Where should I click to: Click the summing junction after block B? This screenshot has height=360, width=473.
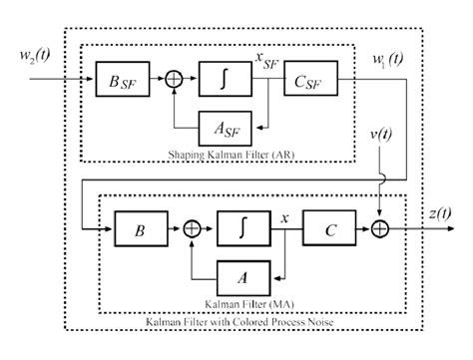pyautogui.click(x=192, y=228)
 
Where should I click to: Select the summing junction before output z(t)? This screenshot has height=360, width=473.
pyautogui.click(x=382, y=228)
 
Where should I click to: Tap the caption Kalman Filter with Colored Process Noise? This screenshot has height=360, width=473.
pyautogui.click(x=236, y=323)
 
